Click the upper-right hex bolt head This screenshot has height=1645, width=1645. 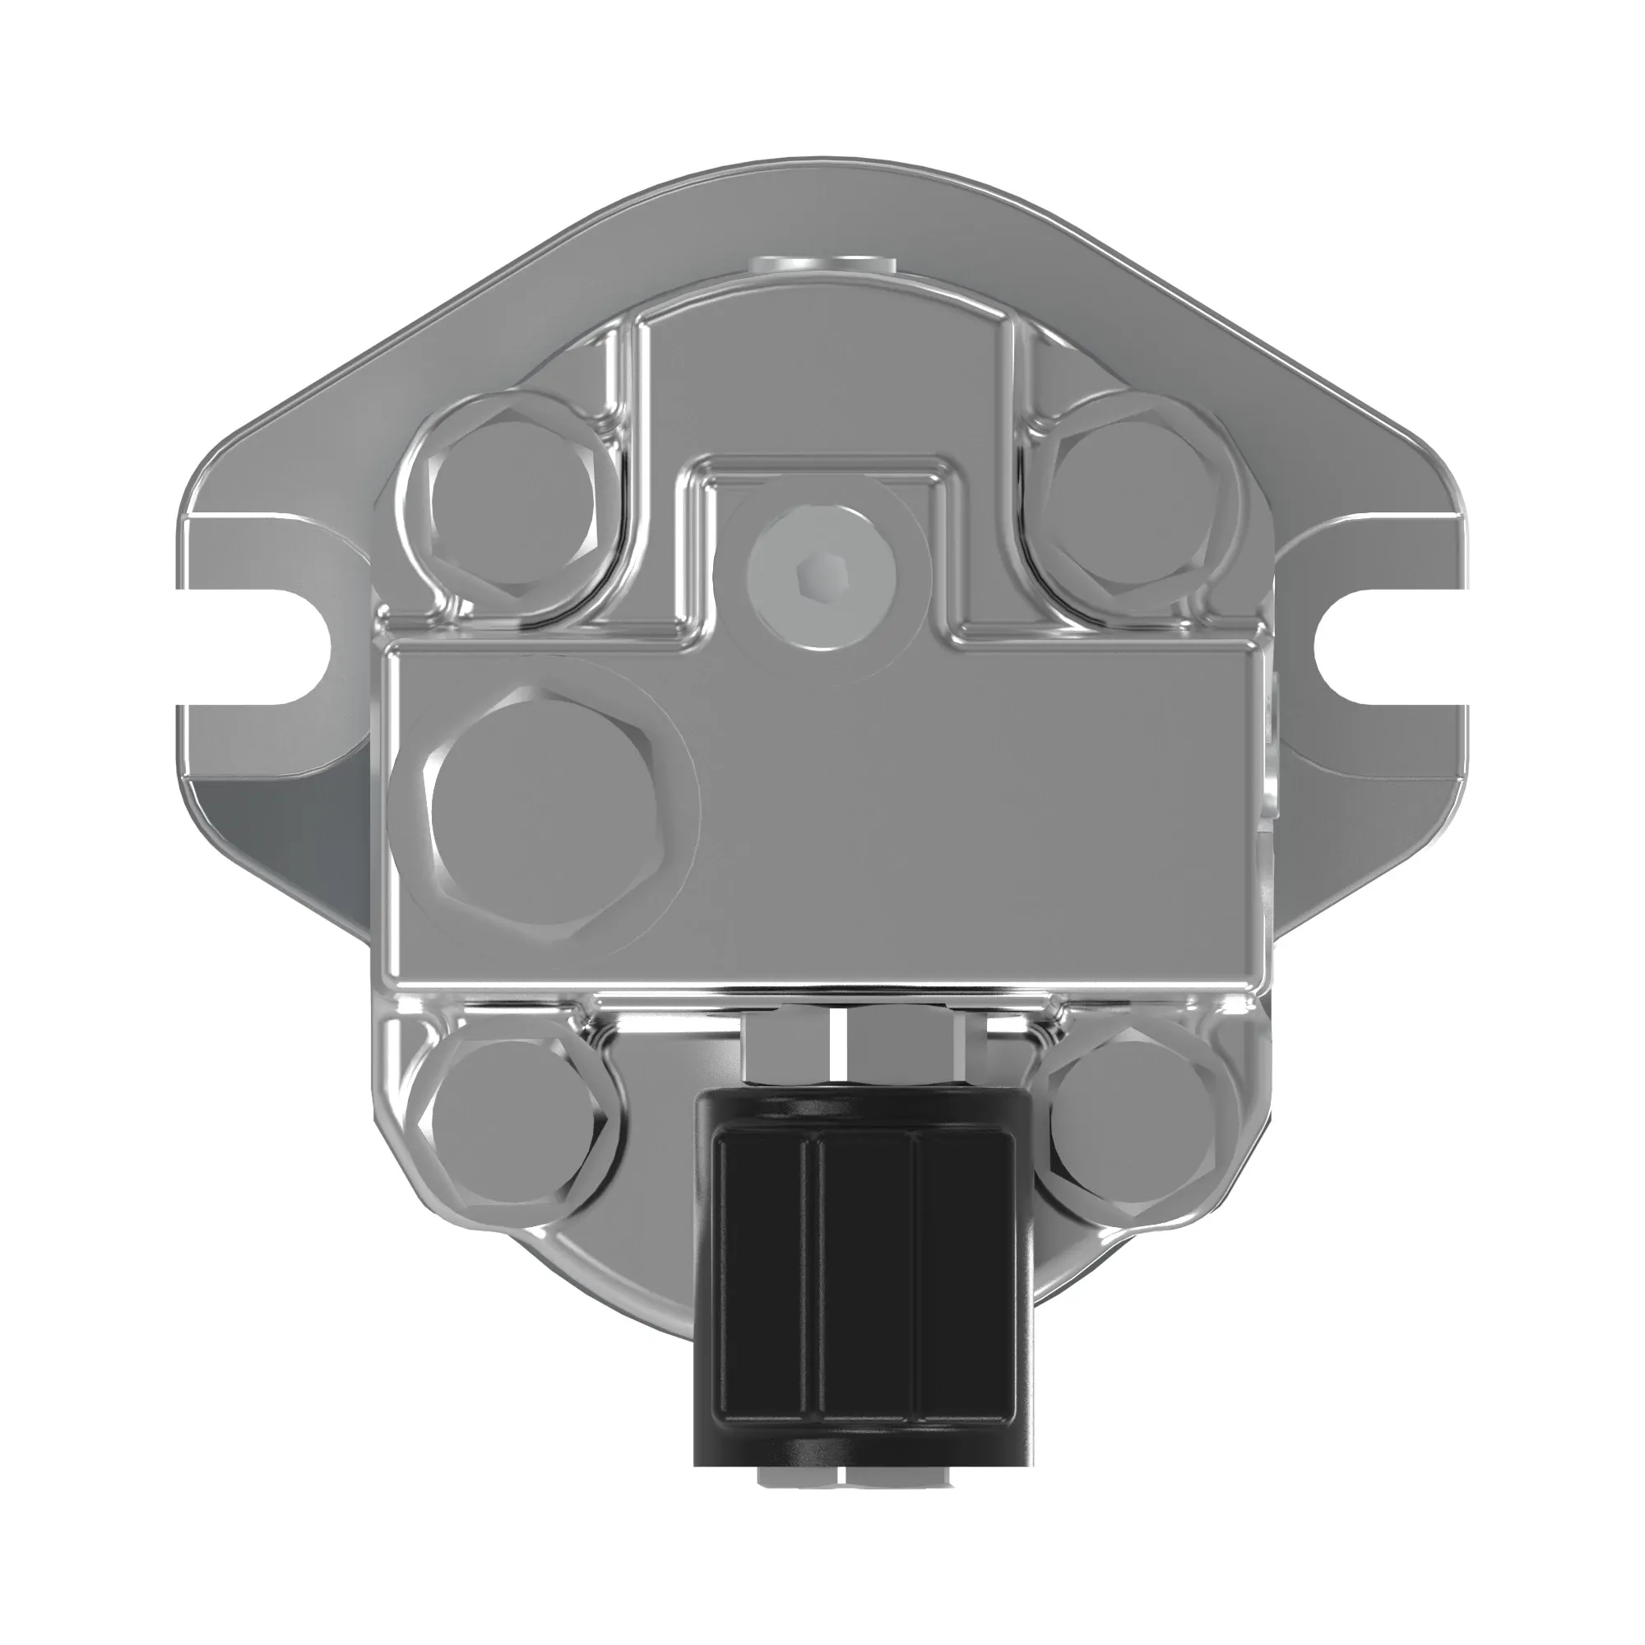click(x=1133, y=512)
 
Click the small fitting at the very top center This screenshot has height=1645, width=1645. click(x=822, y=266)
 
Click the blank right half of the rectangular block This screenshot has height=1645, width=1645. click(x=1022, y=818)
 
